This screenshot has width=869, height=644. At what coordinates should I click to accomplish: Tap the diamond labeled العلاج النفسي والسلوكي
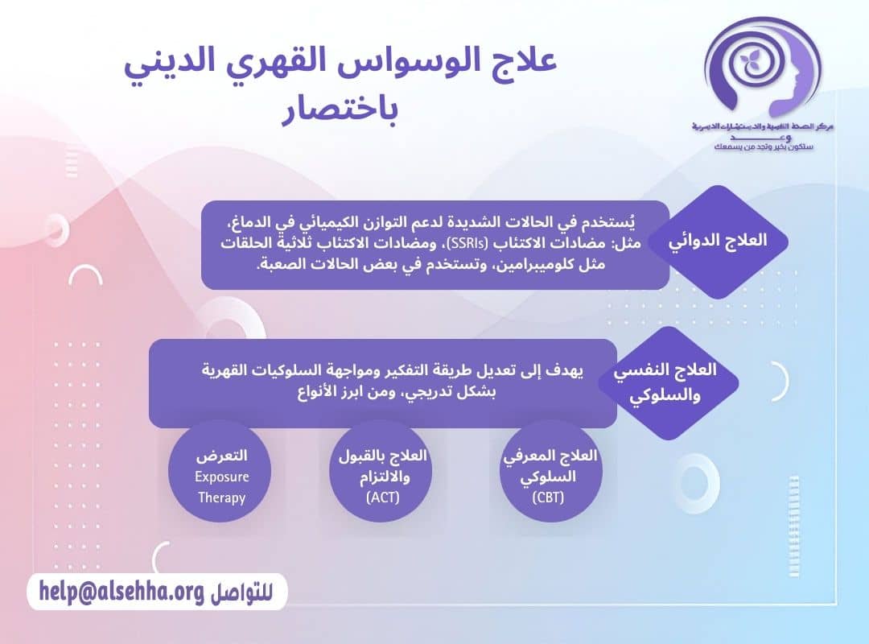(667, 382)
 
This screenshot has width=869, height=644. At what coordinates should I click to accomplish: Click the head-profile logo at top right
(760, 71)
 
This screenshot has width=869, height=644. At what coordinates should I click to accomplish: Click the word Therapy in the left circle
(221, 497)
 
